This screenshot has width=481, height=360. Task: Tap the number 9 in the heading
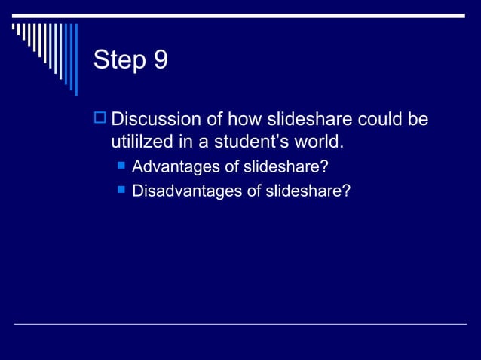coord(161,59)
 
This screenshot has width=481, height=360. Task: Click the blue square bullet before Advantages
coord(119,165)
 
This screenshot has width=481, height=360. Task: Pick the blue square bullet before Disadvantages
coord(119,191)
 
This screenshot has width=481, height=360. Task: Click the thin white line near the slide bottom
coord(240,325)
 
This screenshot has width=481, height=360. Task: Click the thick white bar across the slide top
coord(240,16)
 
